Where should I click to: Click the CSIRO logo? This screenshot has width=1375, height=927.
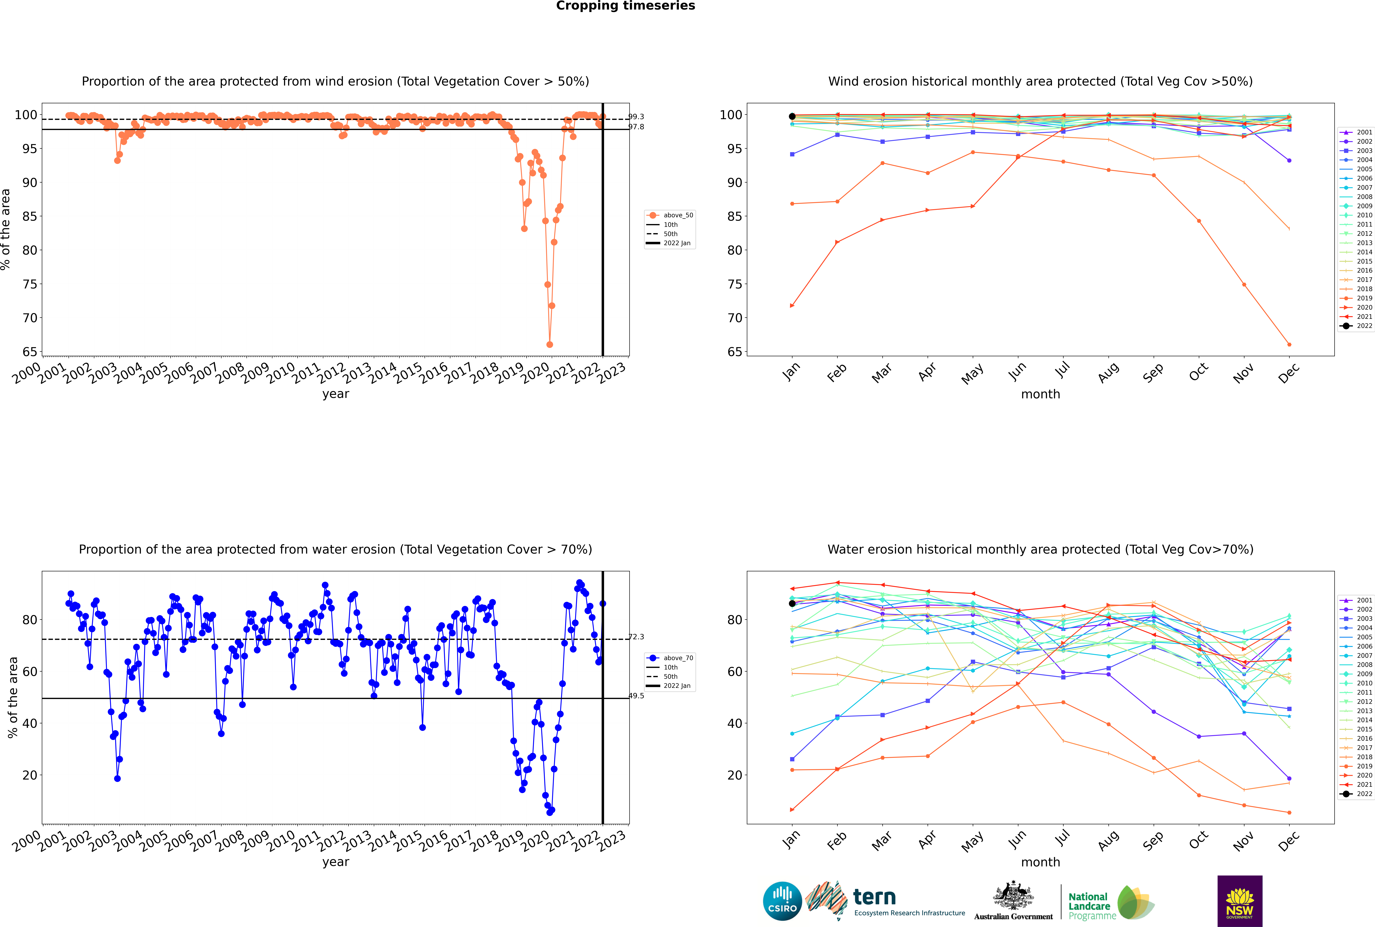pos(782,901)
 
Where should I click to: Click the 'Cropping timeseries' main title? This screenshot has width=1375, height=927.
pos(625,6)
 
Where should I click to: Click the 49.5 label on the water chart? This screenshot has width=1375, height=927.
pos(636,696)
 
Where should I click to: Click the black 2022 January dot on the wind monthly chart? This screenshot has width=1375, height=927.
pos(792,116)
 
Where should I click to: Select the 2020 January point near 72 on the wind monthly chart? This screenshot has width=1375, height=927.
pos(792,306)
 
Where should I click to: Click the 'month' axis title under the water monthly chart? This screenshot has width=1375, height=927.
pos(1040,862)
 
